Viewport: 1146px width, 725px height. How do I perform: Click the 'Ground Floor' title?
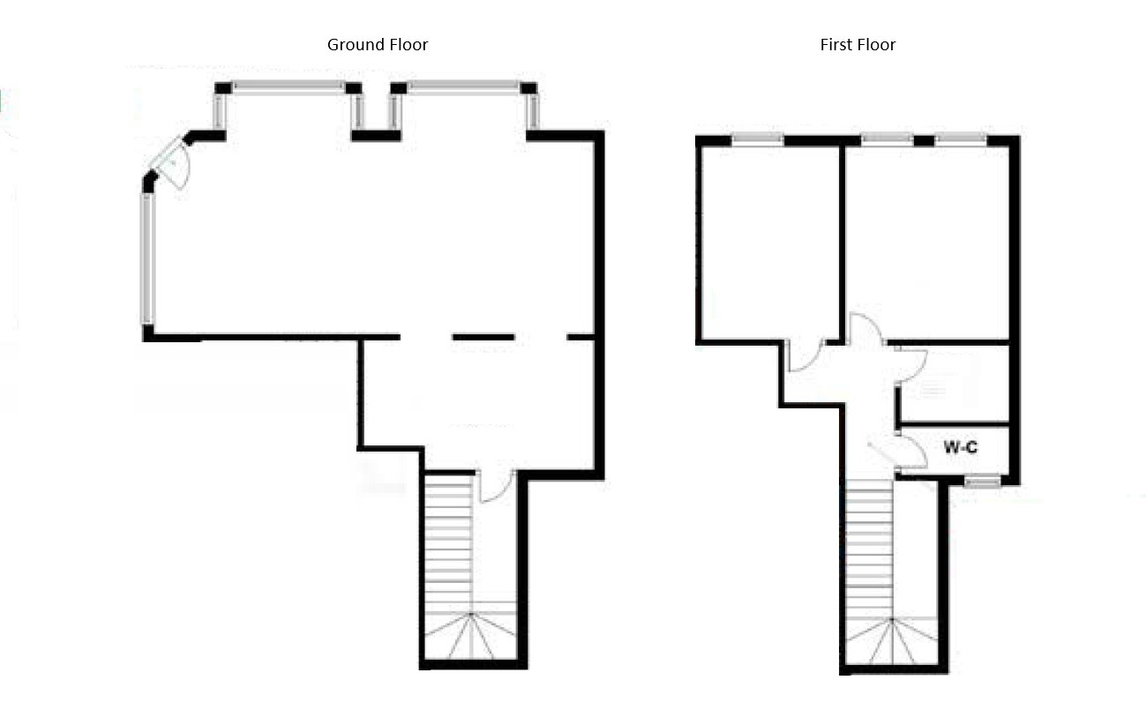pyautogui.click(x=378, y=45)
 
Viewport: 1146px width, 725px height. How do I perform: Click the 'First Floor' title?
pyautogui.click(x=858, y=45)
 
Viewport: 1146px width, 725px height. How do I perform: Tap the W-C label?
pyautogui.click(x=960, y=447)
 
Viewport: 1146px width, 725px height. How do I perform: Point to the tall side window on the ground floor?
pyautogui.click(x=148, y=258)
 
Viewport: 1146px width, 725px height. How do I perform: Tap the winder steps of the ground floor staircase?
pyautogui.click(x=470, y=635)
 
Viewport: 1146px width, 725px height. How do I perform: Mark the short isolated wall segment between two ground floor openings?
pyautogui.click(x=483, y=337)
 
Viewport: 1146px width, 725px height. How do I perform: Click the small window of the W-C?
pyautogui.click(x=982, y=481)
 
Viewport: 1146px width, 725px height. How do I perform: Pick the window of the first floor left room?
pyautogui.click(x=757, y=138)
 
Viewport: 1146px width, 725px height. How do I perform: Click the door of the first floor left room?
pyautogui.click(x=805, y=355)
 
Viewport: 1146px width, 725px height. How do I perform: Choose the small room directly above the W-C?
pyautogui.click(x=955, y=385)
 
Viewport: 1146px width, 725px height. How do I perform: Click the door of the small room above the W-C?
pyautogui.click(x=911, y=366)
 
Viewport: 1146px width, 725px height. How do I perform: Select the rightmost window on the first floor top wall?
pyautogui.click(x=961, y=138)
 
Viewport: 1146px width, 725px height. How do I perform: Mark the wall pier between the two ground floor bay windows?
pyautogui.click(x=376, y=136)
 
